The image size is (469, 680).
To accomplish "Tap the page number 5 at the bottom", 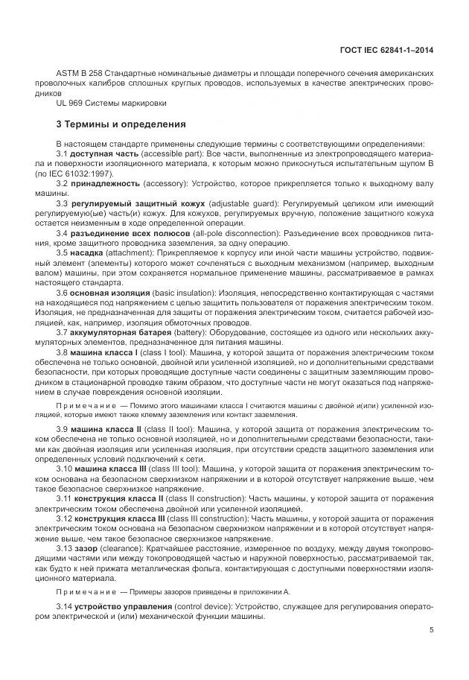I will click(x=432, y=631).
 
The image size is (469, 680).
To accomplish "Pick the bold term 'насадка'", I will click(x=88, y=252).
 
